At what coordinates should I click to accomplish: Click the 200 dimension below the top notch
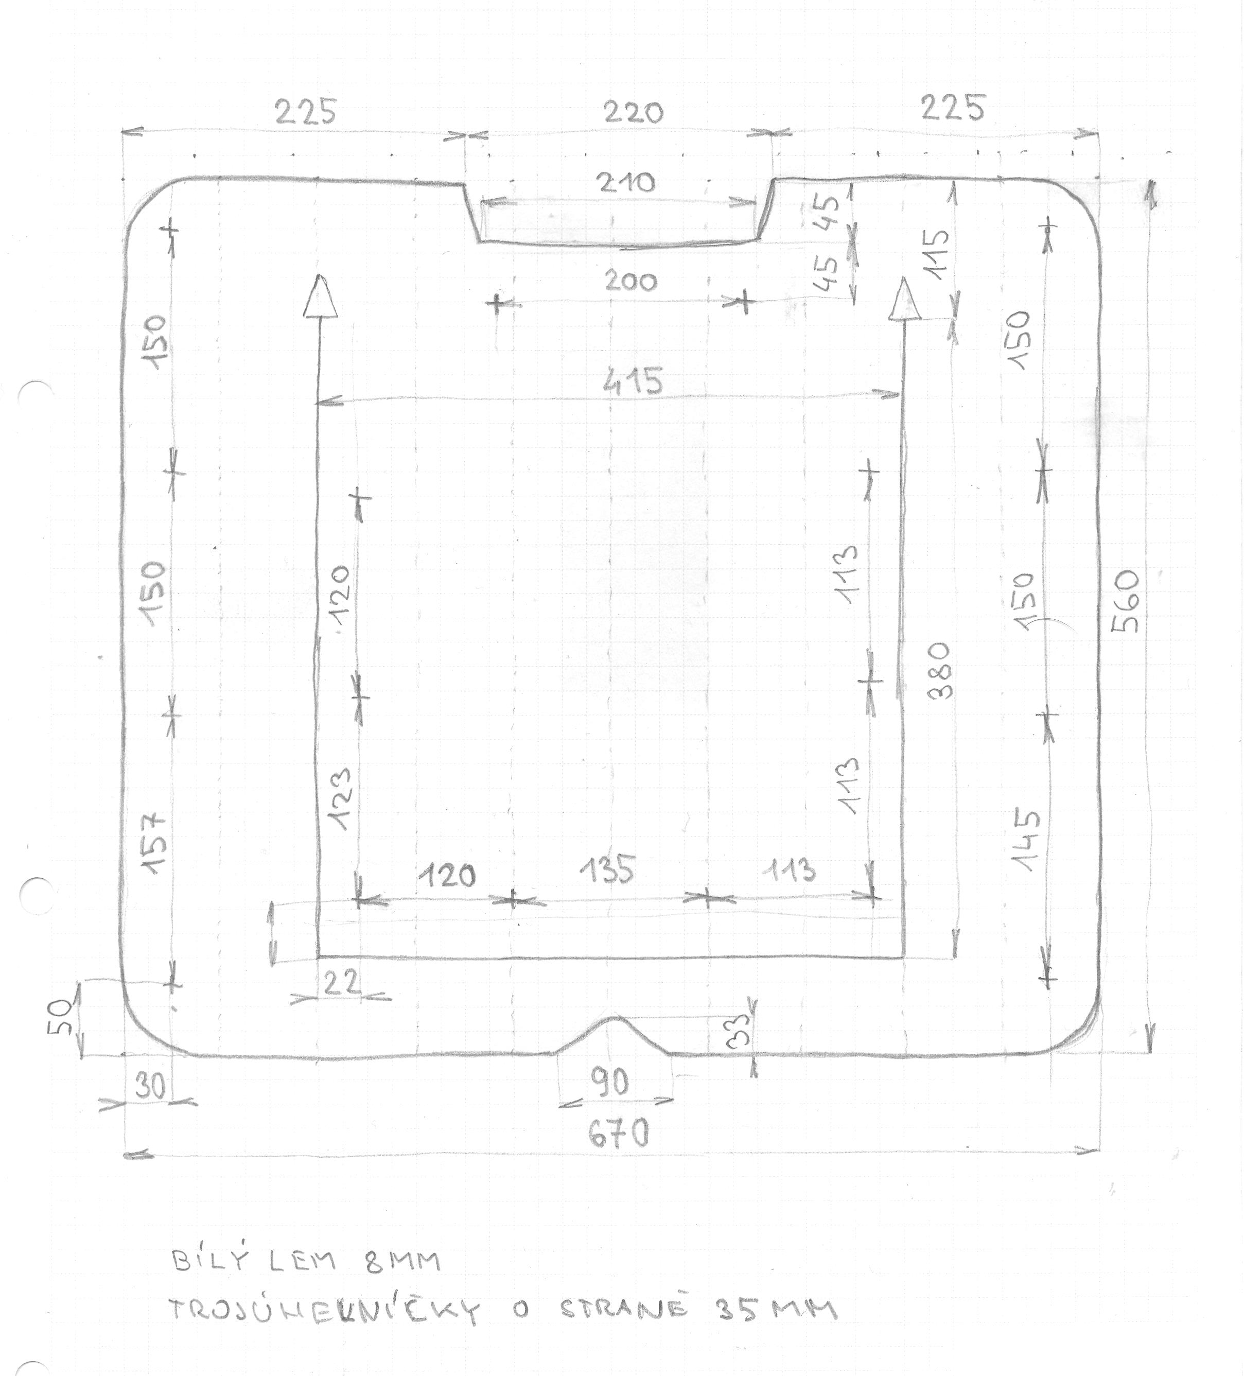[630, 281]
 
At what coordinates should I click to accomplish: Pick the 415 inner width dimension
[633, 381]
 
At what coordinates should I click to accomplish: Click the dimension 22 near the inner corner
[341, 984]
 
